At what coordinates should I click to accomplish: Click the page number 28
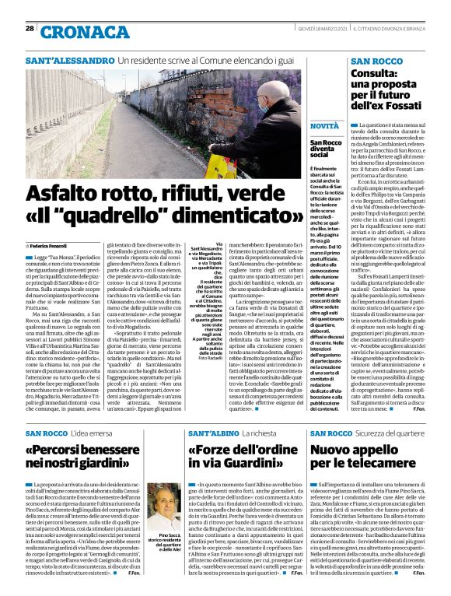tap(30, 28)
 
